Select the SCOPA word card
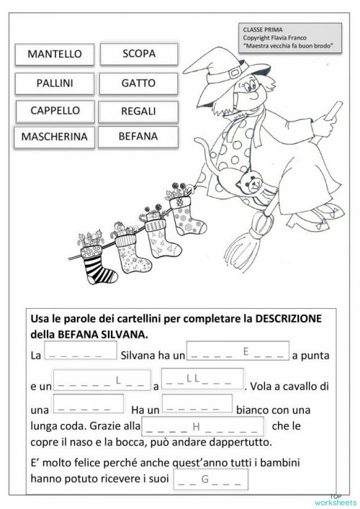139,53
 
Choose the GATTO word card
139,83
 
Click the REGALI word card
139,112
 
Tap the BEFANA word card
139,135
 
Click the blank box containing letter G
211,479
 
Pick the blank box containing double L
202,378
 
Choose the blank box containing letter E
238,351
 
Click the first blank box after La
80,351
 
